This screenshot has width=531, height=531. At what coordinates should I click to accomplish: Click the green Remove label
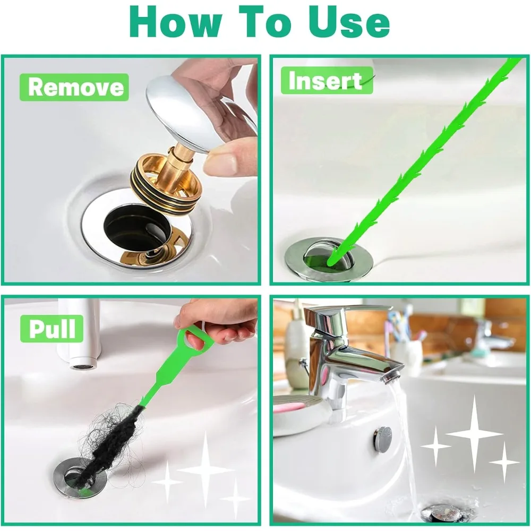(x=74, y=87)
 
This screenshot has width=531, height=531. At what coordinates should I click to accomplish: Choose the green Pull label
(x=52, y=328)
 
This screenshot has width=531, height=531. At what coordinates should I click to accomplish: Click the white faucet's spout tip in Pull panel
(x=82, y=366)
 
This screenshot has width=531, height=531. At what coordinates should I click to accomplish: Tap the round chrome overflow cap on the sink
(x=382, y=439)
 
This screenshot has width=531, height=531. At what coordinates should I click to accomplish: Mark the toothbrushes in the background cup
(x=404, y=327)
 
